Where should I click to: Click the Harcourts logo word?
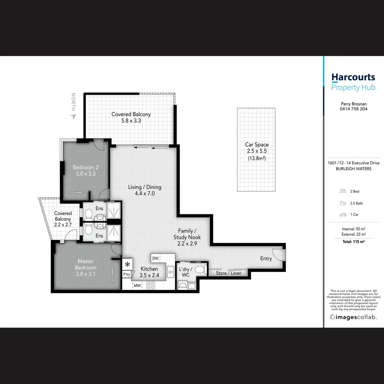click(x=353, y=77)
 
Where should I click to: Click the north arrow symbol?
click(x=73, y=116)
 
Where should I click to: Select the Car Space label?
click(x=257, y=145)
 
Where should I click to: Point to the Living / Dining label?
click(x=145, y=187)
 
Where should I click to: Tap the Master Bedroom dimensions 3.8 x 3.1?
click(x=86, y=274)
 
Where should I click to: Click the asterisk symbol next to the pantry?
click(x=127, y=264)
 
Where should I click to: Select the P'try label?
click(x=127, y=274)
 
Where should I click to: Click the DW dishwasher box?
click(x=155, y=258)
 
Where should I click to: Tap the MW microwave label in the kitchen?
click(x=137, y=285)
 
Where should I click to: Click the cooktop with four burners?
click(x=151, y=285)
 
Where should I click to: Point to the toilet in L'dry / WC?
click(x=201, y=269)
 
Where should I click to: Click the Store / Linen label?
click(x=229, y=273)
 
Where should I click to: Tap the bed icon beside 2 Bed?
click(x=343, y=191)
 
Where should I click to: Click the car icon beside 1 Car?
click(x=343, y=215)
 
